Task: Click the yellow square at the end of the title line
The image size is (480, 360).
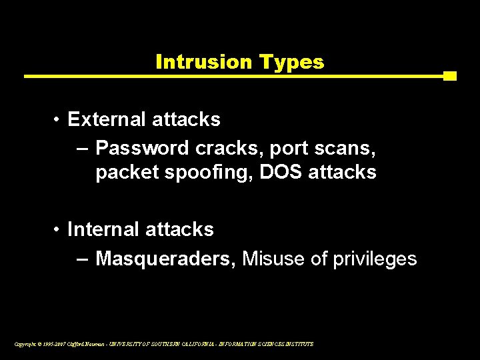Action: coord(450,76)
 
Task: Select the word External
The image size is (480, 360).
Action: coord(107,119)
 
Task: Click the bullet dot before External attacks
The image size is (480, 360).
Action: coord(59,120)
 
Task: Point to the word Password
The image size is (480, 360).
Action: coord(136,146)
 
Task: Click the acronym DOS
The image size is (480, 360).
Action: coord(280,172)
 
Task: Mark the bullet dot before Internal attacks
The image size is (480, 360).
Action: coord(59,230)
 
